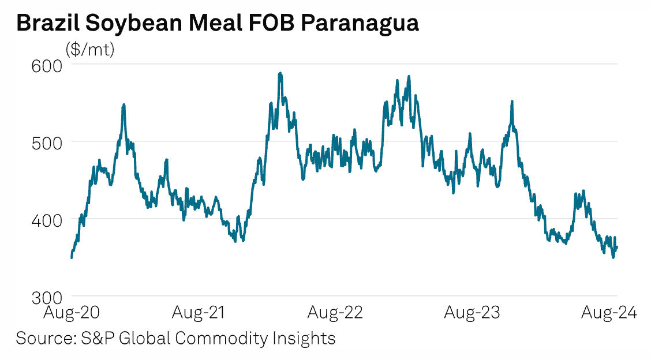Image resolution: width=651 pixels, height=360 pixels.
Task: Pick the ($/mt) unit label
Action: tap(91, 50)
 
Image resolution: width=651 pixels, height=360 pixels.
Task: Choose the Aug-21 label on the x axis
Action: tap(199, 313)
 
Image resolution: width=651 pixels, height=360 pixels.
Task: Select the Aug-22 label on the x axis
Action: tap(335, 313)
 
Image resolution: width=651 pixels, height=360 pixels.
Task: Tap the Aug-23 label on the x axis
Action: tap(471, 313)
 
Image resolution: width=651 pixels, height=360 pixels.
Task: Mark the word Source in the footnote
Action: tap(41, 337)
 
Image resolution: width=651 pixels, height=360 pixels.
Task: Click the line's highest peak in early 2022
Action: tap(280, 73)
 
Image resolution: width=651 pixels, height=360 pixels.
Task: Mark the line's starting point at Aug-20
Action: tap(71, 257)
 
